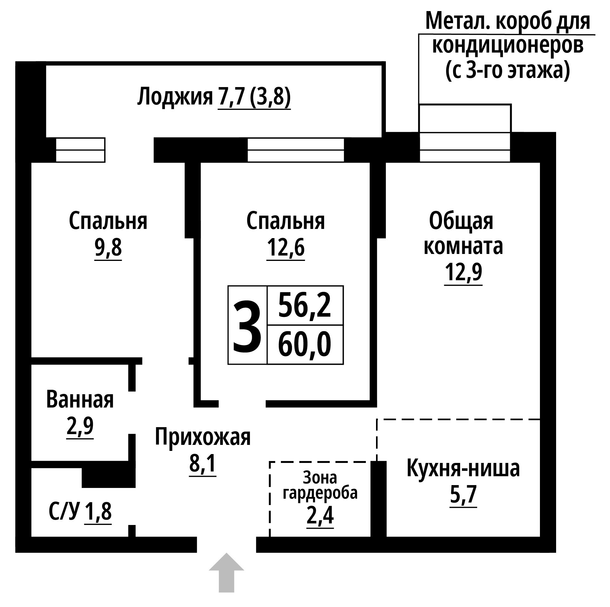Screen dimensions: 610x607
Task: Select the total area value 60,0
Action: coord(305,345)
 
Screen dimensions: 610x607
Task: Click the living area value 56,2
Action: coord(305,305)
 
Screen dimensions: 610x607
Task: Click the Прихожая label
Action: coord(203,437)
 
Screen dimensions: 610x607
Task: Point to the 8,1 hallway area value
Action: coord(203,463)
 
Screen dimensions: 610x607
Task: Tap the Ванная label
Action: coord(80,400)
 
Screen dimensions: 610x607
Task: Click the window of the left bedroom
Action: coord(81,150)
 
